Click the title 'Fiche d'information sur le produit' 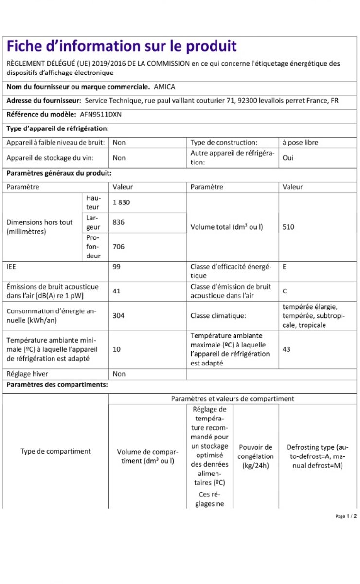(x=121, y=46)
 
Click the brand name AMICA (x=164, y=87)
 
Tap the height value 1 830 (x=122, y=202)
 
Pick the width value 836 (x=119, y=222)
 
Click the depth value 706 (x=119, y=247)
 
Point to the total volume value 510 (x=288, y=227)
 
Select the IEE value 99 (x=117, y=267)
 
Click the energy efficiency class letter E (x=285, y=267)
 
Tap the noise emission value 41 (x=117, y=291)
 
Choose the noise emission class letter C (x=285, y=291)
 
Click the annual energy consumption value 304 (x=119, y=315)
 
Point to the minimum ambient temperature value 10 (x=117, y=349)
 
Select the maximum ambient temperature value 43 (x=287, y=349)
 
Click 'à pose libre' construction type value (x=301, y=143)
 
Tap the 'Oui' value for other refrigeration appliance (x=288, y=158)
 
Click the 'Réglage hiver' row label (x=27, y=374)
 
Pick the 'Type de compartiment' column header (x=55, y=451)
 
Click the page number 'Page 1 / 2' (x=346, y=516)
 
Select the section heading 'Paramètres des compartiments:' (x=57, y=385)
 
